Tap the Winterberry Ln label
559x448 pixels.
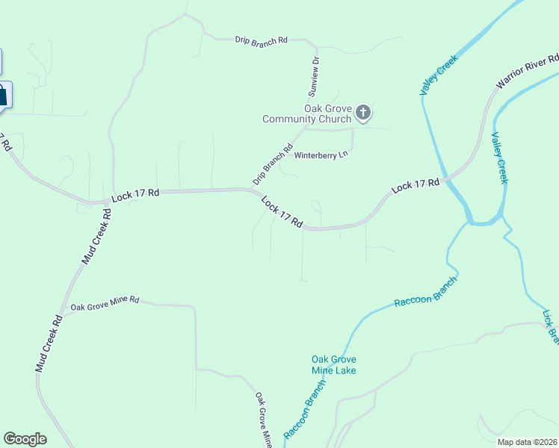[321, 155]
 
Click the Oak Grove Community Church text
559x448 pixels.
[306, 113]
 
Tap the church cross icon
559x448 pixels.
[363, 113]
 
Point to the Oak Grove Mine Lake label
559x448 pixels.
[333, 365]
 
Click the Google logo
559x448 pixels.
[25, 439]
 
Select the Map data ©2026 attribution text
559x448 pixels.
[527, 442]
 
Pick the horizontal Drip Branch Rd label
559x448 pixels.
[261, 40]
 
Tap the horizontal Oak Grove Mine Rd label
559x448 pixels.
[105, 304]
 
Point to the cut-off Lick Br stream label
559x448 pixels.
[551, 326]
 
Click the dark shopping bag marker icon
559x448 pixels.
[2, 95]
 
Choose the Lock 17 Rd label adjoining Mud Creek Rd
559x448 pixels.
[135, 194]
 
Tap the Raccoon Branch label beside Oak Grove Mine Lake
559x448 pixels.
[306, 408]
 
